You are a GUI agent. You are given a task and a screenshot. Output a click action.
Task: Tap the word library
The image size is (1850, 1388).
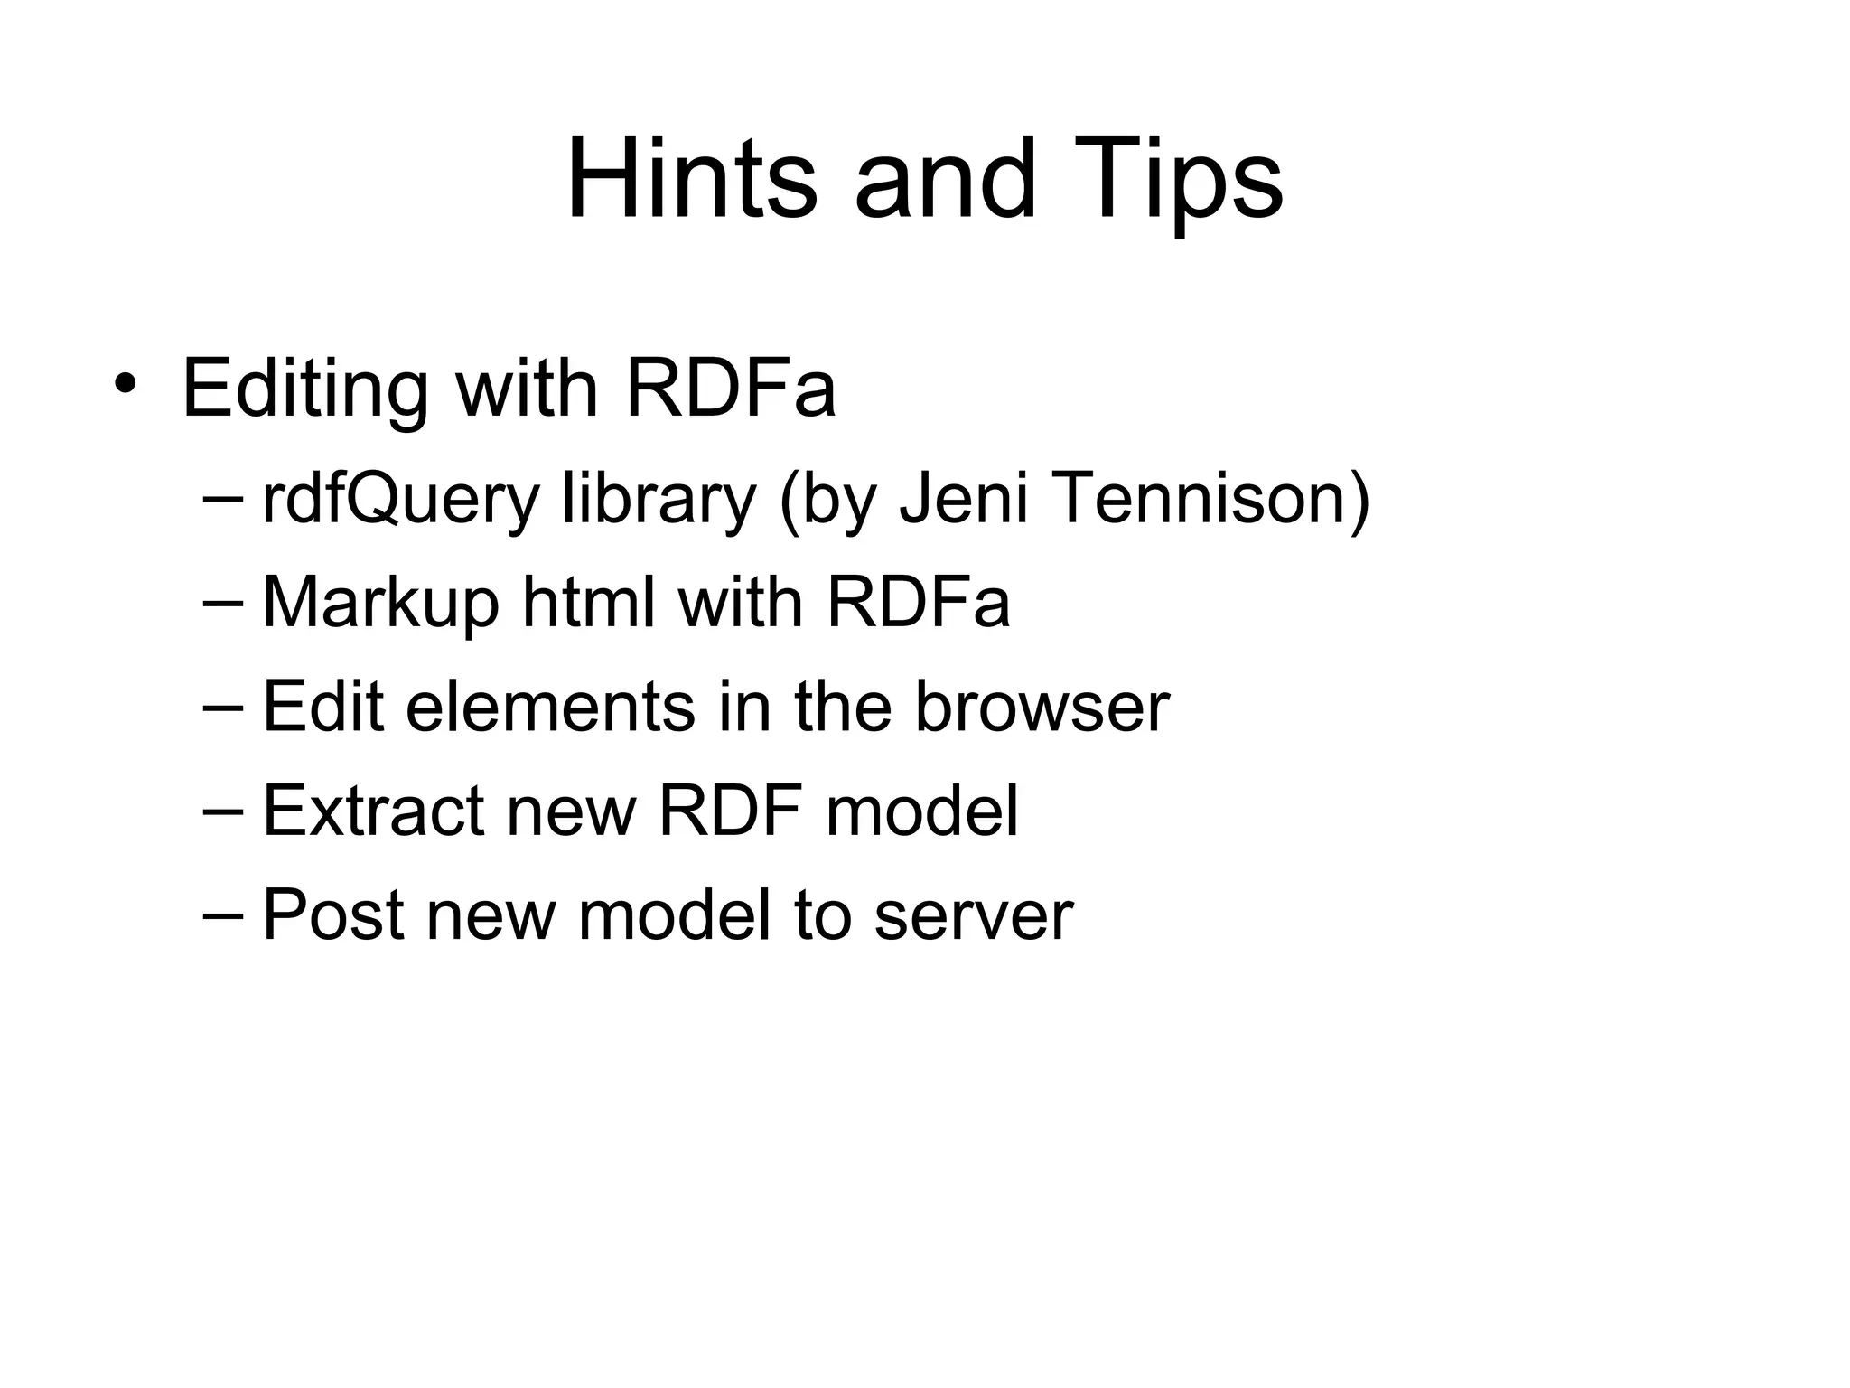[x=659, y=500]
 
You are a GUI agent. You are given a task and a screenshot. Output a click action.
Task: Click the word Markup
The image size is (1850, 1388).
[x=380, y=604]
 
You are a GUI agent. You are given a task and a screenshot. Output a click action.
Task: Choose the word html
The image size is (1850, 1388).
[x=588, y=602]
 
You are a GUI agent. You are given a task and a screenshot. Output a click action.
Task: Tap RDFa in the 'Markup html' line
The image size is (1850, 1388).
[x=918, y=602]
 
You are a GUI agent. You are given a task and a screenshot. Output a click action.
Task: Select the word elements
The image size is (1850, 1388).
[x=550, y=706]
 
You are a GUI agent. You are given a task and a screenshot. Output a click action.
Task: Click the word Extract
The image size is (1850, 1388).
[x=373, y=810]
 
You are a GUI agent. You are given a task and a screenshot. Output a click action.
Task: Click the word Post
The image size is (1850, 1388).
[x=332, y=914]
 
